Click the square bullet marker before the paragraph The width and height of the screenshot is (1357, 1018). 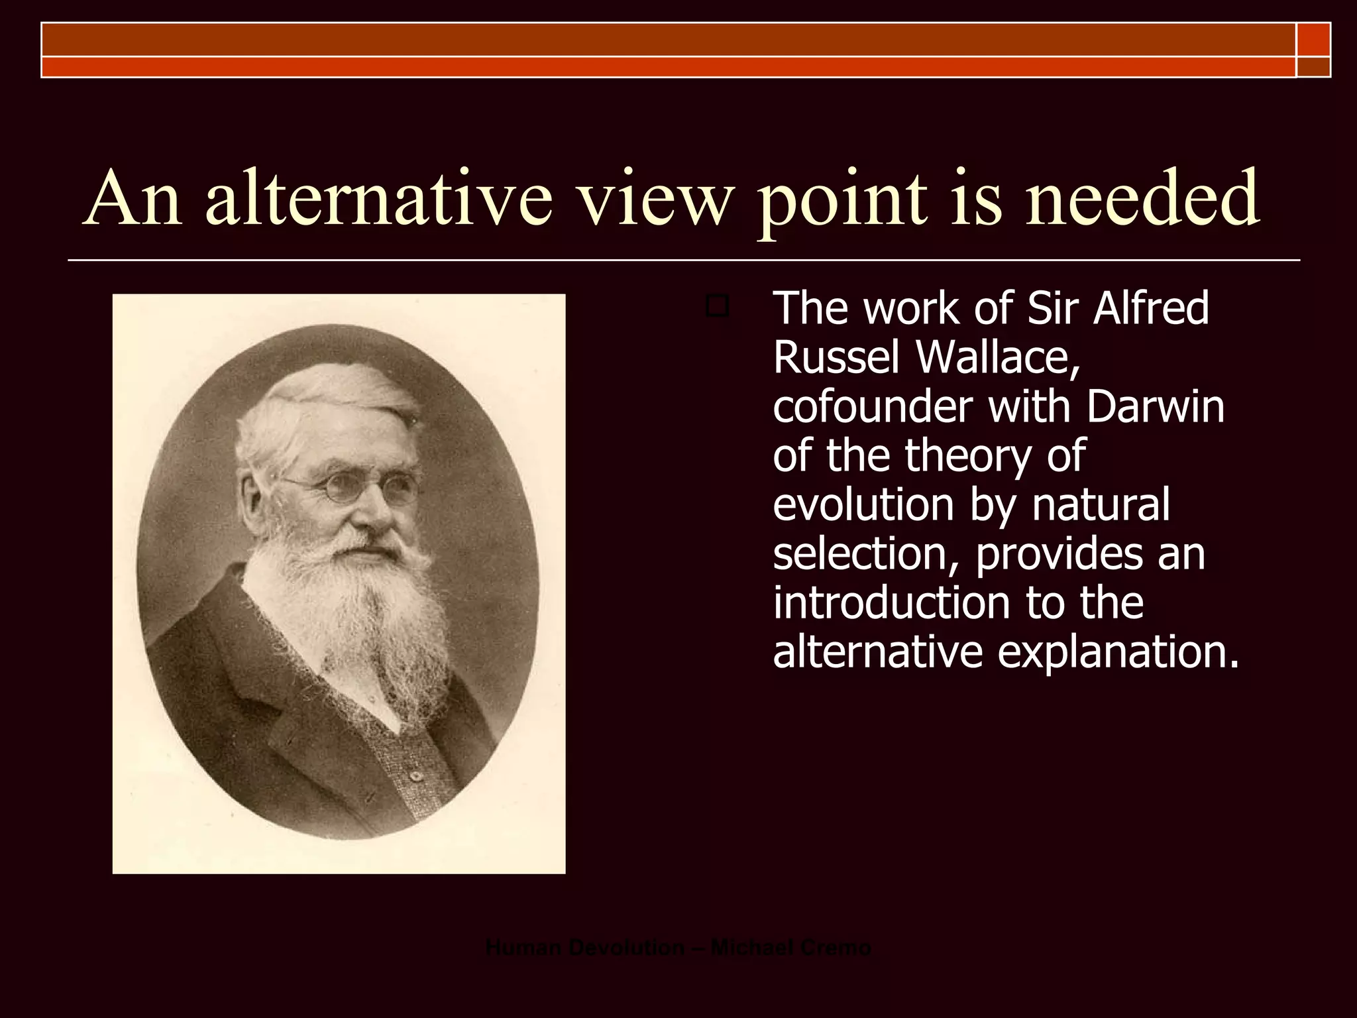tap(717, 307)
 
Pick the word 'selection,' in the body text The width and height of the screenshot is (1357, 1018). tap(867, 554)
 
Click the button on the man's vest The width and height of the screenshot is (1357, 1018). tap(415, 776)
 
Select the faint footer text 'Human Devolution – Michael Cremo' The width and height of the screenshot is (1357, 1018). tap(678, 948)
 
